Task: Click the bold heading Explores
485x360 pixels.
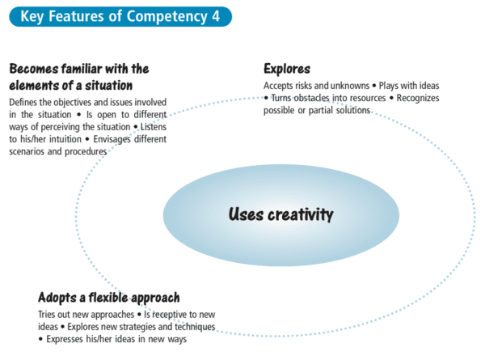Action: (287, 69)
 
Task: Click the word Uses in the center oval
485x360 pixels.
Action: (245, 214)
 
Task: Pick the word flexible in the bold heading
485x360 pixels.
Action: (103, 297)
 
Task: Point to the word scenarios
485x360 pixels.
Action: (32, 150)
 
